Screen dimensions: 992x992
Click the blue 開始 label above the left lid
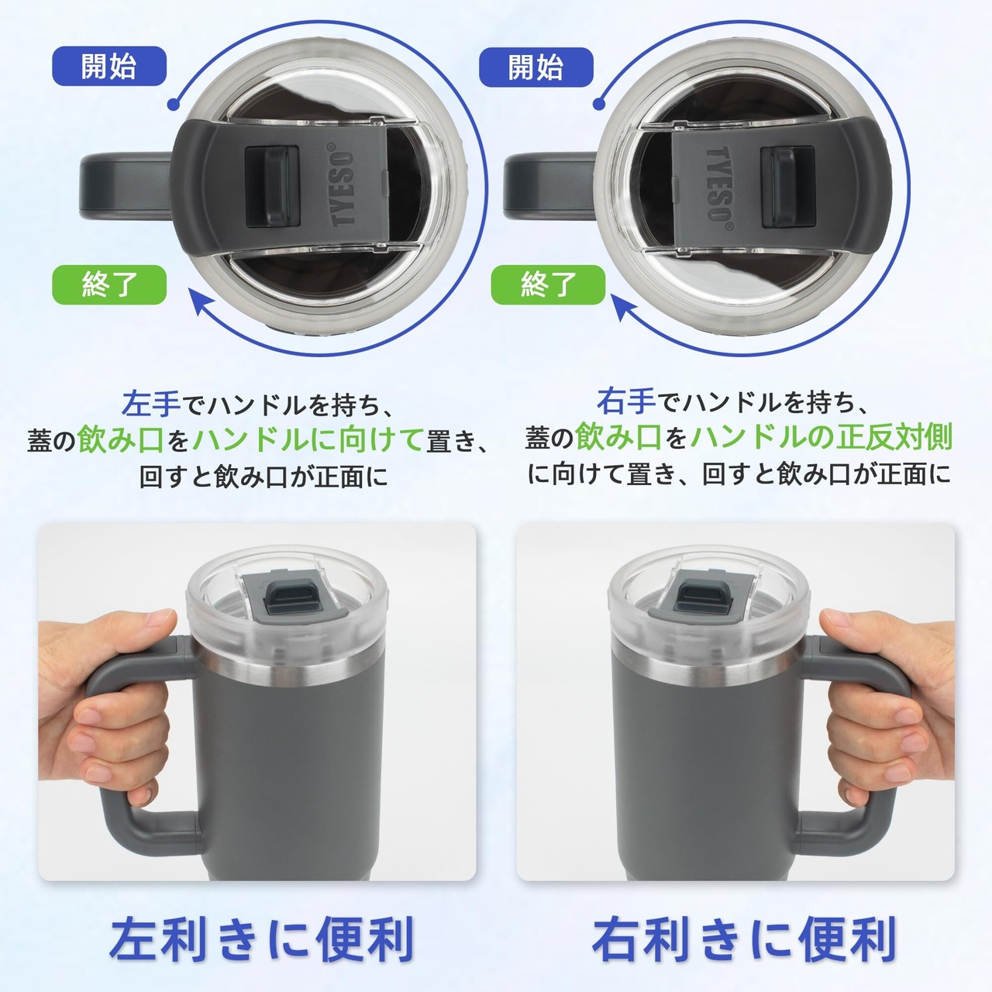[109, 66]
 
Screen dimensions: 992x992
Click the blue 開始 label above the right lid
[536, 67]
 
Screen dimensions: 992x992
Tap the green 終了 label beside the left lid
[109, 284]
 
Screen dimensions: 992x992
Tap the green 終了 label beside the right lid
[548, 284]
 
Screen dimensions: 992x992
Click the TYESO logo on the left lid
[343, 185]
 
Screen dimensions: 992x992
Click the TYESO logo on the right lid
[719, 186]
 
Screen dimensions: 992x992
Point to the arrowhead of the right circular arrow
[623, 306]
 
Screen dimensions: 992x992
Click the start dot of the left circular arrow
[174, 105]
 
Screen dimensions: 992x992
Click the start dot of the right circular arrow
[599, 104]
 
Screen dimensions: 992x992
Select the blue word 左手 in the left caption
[151, 404]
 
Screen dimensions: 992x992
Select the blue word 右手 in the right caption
[626, 401]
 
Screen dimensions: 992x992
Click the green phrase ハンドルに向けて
[308, 440]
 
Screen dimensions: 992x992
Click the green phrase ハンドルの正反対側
[821, 436]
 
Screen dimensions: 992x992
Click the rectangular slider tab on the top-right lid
[787, 186]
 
